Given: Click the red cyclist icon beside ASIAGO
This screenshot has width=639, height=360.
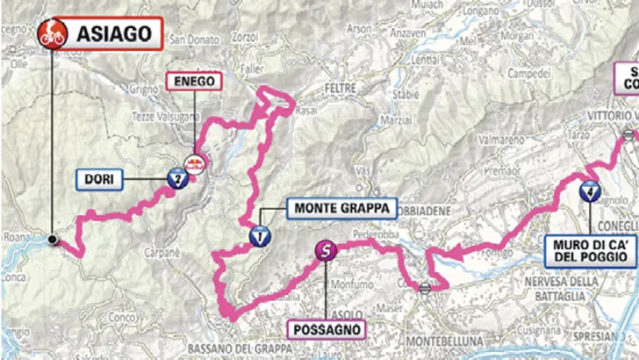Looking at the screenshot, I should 52,35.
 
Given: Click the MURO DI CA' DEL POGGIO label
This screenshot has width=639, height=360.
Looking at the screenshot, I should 591,248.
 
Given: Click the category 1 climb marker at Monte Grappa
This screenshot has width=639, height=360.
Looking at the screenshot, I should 260,235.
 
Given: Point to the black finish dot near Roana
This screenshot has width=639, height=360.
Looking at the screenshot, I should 53,239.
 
